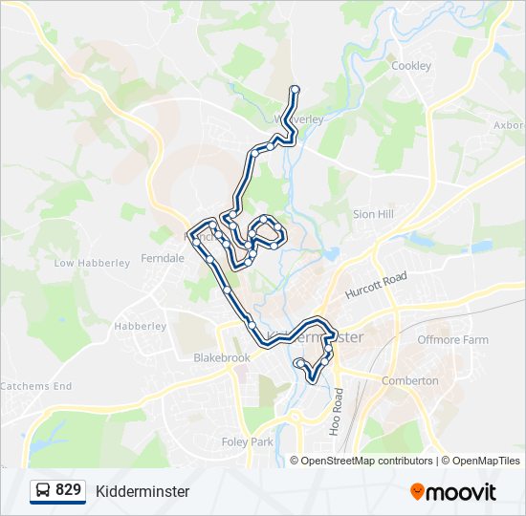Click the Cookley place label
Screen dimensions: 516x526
(x=411, y=66)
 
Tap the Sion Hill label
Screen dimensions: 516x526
(x=373, y=215)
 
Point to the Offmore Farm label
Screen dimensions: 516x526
(x=452, y=340)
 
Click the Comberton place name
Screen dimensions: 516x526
(x=409, y=380)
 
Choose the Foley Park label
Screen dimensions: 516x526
(x=249, y=442)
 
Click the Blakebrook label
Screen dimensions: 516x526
(x=221, y=357)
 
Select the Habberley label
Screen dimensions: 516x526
(x=141, y=326)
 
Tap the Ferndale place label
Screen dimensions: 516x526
(x=163, y=258)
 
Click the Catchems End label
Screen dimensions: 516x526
(x=35, y=386)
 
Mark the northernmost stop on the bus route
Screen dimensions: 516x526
(x=295, y=90)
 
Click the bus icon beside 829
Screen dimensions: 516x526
(x=43, y=491)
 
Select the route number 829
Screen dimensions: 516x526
(x=68, y=490)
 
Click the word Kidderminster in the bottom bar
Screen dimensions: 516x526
(x=142, y=491)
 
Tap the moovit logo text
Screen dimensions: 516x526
(x=461, y=492)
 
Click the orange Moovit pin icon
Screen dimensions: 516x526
(x=417, y=492)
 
